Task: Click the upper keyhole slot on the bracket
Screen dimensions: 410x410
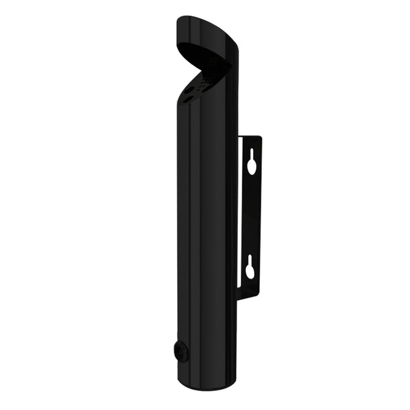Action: (252, 162)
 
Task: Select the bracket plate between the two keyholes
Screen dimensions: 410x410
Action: (252, 214)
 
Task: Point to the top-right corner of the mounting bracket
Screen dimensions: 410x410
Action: (261, 135)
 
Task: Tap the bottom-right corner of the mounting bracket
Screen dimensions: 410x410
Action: (261, 295)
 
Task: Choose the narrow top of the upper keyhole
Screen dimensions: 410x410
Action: (252, 155)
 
